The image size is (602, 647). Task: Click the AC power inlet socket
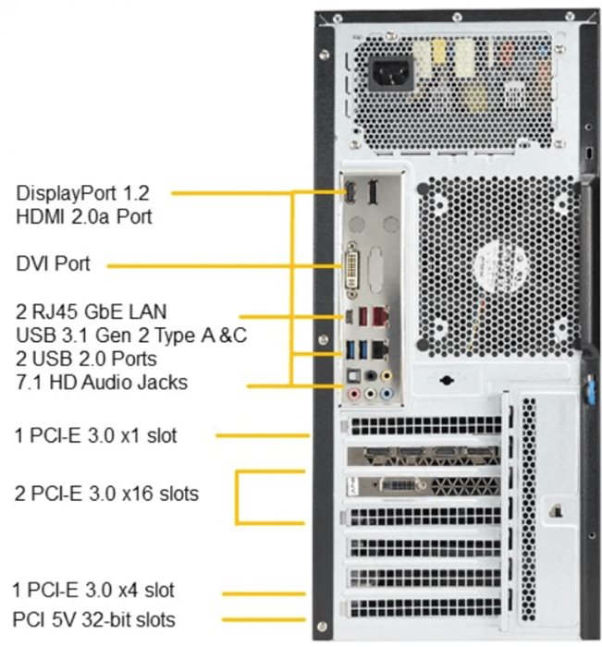point(390,73)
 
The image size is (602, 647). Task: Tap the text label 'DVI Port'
point(54,264)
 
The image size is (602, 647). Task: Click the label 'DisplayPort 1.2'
point(82,193)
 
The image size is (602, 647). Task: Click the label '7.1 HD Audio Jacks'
point(102,382)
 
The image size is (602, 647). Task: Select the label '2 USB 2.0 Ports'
point(86,358)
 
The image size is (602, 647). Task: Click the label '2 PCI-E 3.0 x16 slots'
point(106,494)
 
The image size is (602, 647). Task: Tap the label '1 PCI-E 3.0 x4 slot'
point(93,589)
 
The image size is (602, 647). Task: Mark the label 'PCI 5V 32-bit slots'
point(93,618)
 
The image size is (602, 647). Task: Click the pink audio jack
point(353,393)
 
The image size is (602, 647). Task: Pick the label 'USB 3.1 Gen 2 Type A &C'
point(130,333)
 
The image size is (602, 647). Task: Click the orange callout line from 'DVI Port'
point(222,265)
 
